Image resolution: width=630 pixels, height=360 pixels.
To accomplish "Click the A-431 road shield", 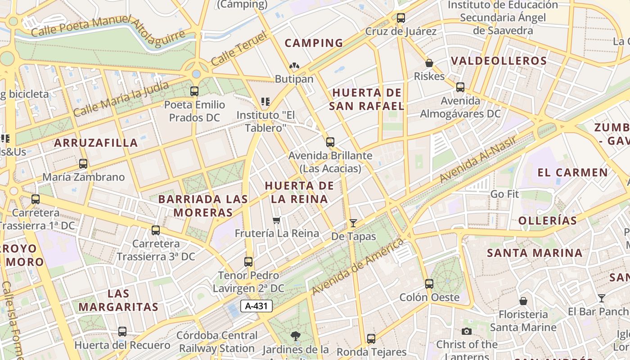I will pos(257,306).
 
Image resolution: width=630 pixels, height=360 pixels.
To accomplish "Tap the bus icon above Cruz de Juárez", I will pos(400,18).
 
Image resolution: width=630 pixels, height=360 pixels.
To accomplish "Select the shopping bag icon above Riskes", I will pos(429,63).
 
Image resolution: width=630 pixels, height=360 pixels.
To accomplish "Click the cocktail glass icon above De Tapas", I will pos(353,223).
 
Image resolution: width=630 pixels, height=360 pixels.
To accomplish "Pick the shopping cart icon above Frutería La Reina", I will pos(277,220).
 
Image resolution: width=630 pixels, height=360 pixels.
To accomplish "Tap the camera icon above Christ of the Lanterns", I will pos(467,331).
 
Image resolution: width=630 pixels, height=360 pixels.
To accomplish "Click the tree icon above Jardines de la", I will pos(295,336).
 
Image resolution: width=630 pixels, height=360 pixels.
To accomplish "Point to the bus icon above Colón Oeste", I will pos(429,284).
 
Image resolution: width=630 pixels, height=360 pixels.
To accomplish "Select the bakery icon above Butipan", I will pos(294,66).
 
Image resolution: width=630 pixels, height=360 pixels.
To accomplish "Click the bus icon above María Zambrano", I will pos(83,164).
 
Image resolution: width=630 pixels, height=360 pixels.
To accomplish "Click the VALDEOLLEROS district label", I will pos(499,61).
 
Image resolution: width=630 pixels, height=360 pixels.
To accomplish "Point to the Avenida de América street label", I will pos(358,267).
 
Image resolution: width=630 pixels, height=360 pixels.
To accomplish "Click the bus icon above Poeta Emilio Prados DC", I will pos(194,91).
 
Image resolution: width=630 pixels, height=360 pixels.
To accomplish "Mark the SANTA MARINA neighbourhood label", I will pos(535,253).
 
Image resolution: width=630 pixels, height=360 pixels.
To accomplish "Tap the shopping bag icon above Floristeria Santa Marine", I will pos(523,301).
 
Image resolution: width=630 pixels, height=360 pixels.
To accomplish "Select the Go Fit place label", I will pos(504,194).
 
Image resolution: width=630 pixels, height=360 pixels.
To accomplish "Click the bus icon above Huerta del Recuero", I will pos(122,332).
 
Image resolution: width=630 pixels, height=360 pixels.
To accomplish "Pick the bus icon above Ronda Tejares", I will pos(371,338).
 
